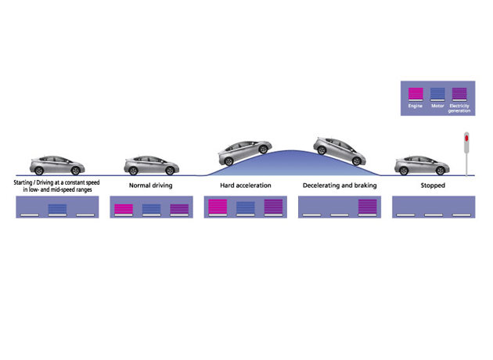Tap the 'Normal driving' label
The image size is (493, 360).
coord(151,185)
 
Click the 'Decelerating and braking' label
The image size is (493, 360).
coord(340,185)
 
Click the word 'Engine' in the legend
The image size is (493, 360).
coord(416,104)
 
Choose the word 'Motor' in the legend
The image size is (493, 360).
coord(437,104)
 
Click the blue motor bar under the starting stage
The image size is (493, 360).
coord(58,209)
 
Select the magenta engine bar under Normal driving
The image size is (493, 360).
coord(123,209)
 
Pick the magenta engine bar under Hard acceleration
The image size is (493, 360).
coord(217,207)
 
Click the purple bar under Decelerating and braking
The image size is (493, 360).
coord(367,207)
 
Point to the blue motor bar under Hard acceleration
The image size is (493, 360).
coord(245,207)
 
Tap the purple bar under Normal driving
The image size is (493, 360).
coord(179,209)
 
